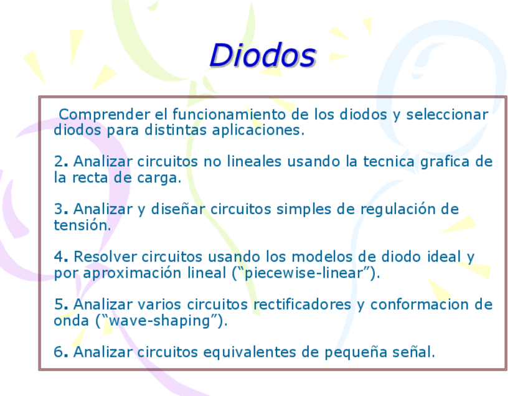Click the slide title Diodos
[263, 55]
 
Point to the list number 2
[59, 162]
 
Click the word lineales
[253, 162]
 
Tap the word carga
[159, 178]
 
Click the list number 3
[59, 209]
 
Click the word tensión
[82, 225]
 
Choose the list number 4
[59, 257]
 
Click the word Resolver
[104, 257]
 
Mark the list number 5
[59, 304]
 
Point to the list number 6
[59, 352]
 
